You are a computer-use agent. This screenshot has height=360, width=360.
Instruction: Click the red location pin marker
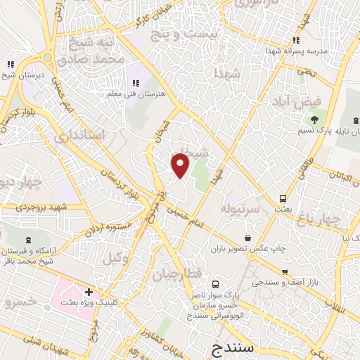pyautogui.click(x=181, y=165)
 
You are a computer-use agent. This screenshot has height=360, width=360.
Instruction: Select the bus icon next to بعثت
pyautogui.click(x=283, y=198)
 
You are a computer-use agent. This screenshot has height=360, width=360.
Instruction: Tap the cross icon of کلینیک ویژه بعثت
pyautogui.click(x=89, y=292)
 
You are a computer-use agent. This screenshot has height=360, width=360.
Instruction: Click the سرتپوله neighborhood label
pyautogui.click(x=241, y=209)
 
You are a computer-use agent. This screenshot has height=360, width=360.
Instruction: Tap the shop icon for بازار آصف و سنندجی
pyautogui.click(x=284, y=272)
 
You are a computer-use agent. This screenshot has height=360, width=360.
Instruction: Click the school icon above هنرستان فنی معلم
pyautogui.click(x=134, y=84)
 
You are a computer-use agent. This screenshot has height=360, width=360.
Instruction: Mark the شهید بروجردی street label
pyautogui.click(x=51, y=208)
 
